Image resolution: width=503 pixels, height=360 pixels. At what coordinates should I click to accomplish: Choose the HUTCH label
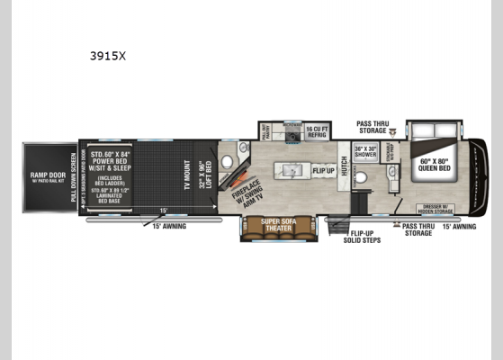(x=344, y=165)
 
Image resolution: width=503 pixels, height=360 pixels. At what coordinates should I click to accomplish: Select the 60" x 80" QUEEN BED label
(x=436, y=167)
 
